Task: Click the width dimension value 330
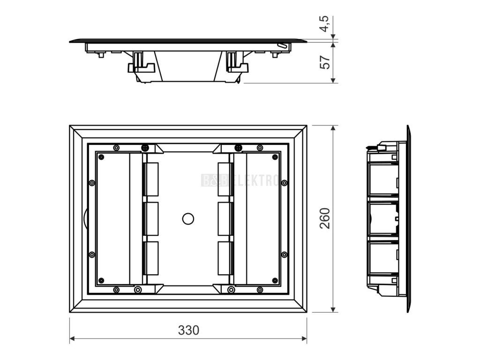[188, 330]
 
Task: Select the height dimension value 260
[325, 218]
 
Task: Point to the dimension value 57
[325, 61]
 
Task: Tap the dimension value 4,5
[325, 24]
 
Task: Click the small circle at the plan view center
[188, 218]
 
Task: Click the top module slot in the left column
[150, 179]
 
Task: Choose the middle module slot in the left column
[150, 218]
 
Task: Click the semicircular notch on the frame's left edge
[84, 218]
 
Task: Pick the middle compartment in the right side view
[382, 218]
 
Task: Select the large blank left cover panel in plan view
[112, 218]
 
